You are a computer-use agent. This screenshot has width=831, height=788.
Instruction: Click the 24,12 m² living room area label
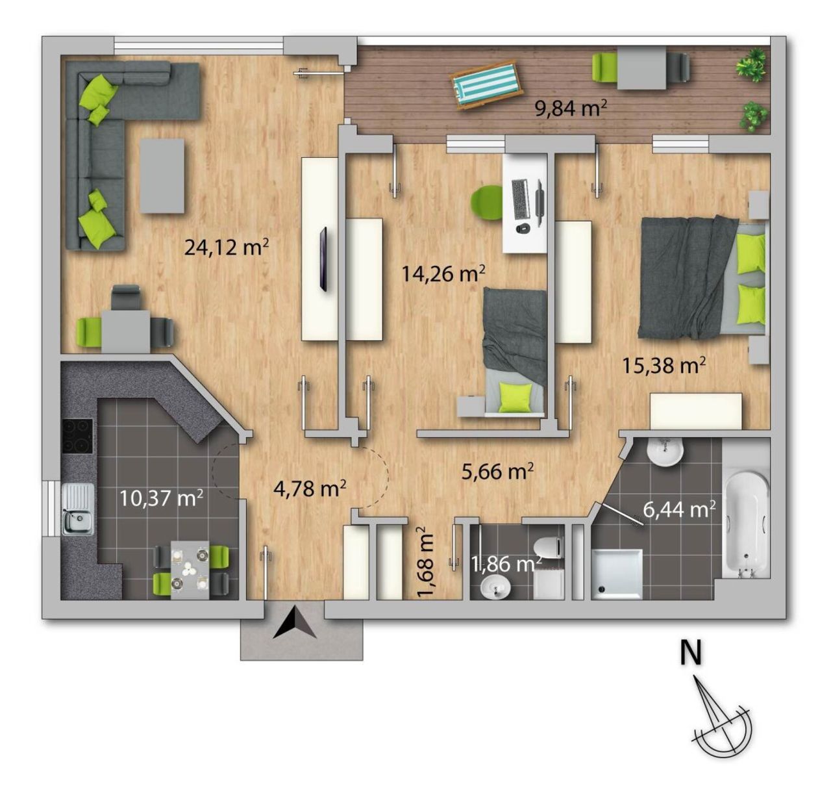(x=227, y=247)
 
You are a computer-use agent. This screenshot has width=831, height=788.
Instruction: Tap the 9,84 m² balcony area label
(x=571, y=109)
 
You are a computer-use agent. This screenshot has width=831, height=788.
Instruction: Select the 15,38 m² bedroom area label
(x=664, y=365)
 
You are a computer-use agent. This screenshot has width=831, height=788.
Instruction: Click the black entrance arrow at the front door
(x=295, y=623)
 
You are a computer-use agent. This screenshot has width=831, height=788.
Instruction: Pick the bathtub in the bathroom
(x=745, y=525)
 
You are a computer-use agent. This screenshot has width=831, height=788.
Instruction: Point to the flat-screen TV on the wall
(x=323, y=259)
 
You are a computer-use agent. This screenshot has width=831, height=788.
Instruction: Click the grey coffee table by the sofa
(x=162, y=176)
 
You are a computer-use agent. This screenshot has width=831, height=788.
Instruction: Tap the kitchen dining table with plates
(x=190, y=569)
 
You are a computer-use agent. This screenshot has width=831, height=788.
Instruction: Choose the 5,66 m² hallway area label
(x=497, y=471)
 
